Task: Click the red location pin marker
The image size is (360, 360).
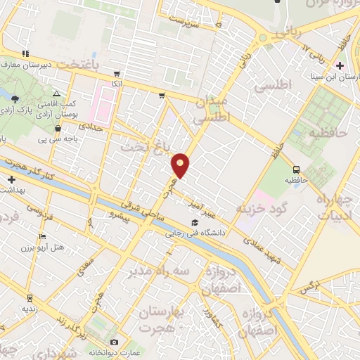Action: tap(181, 165)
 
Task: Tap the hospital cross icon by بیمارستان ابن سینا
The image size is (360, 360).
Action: tap(340, 66)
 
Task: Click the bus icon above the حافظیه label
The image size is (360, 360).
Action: tap(296, 169)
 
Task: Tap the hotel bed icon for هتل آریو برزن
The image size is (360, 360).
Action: tap(42, 236)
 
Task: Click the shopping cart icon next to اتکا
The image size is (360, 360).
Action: tap(117, 72)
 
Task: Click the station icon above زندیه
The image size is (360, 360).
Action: tap(30, 297)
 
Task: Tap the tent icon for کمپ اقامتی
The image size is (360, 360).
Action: tap(56, 94)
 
